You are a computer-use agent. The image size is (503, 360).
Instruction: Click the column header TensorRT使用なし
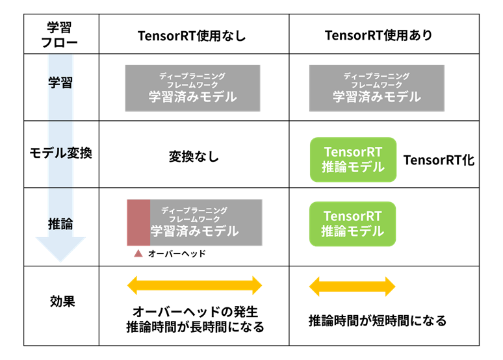pos(192,36)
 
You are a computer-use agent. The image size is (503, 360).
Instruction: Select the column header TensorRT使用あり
pos(378,35)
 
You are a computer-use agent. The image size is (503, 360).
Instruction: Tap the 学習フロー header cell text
pos(60,34)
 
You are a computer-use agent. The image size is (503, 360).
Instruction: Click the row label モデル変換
pos(60,153)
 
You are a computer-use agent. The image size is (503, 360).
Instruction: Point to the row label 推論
pos(60,224)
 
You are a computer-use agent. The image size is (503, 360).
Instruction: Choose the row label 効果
pos(62,302)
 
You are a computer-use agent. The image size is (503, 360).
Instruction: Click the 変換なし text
pos(194,157)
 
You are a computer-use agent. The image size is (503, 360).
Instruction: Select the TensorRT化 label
pos(439,160)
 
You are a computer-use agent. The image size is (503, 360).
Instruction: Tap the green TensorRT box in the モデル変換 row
pos(353,159)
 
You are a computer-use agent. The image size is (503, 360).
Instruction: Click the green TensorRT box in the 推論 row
pos(352,224)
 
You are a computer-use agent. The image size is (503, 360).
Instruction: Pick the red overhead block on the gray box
pos(138,223)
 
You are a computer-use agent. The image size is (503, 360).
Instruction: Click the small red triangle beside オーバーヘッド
pos(138,253)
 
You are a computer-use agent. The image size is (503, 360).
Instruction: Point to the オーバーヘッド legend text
pos(177,254)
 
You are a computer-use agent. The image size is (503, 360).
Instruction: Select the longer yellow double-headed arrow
pos(195,285)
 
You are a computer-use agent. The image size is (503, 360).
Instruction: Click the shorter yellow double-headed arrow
pos(352,287)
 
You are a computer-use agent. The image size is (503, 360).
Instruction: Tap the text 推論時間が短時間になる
pos(378,320)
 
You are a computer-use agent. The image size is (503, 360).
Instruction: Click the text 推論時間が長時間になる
pos(195,327)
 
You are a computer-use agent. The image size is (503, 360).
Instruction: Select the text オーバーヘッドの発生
pos(195,311)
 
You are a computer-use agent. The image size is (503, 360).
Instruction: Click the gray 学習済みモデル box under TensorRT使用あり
pos(377,88)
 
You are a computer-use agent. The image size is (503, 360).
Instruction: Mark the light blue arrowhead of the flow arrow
pos(60,248)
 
